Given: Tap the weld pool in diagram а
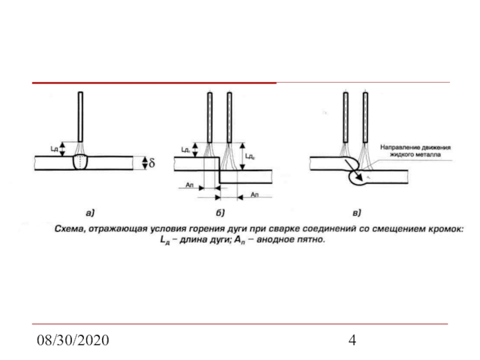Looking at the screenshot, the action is tap(81, 163).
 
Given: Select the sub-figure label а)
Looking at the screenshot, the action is tap(89, 212).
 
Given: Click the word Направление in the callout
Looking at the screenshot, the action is tap(400, 146).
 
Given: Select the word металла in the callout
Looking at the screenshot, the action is tap(426, 154).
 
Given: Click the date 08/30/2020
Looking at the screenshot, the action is tap(72, 340).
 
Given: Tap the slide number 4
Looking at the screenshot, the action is tap(353, 340).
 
